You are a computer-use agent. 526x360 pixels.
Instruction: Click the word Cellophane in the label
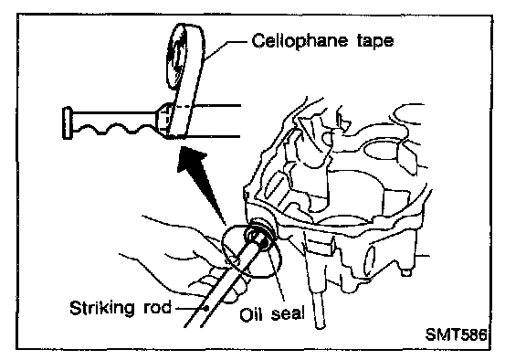coord(300,41)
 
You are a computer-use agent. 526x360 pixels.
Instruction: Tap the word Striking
coord(102,308)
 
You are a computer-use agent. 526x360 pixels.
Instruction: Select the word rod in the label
coord(157,307)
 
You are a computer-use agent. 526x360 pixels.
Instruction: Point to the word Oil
coord(251,313)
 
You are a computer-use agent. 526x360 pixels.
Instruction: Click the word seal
coord(288,313)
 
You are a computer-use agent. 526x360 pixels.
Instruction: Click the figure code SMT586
coord(456,334)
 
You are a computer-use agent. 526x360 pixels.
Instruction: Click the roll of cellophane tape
coord(185,57)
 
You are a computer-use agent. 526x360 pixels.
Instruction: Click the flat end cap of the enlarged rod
coord(67,122)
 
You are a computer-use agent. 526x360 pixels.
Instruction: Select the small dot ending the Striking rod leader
coord(207,307)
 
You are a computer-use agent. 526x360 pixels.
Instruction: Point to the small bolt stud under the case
coord(405,272)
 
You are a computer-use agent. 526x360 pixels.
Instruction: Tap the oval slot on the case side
coord(369,261)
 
